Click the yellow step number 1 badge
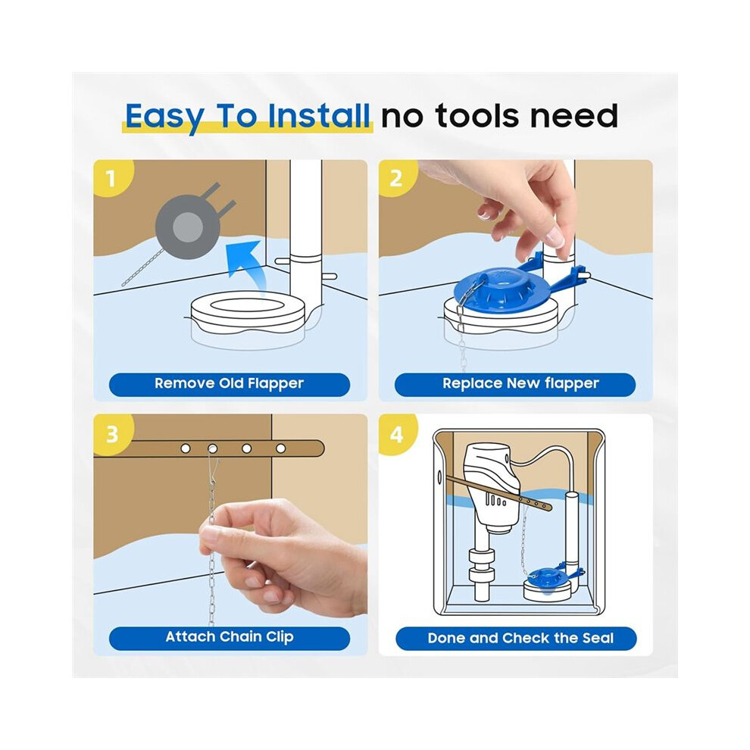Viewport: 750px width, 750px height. tap(111, 177)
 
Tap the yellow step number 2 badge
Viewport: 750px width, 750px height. tap(396, 177)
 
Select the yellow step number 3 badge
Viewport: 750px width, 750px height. tap(112, 434)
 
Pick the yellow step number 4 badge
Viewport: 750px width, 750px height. tap(396, 434)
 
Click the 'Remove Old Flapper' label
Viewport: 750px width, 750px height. tap(229, 384)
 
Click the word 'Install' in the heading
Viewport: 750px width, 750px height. tap(318, 116)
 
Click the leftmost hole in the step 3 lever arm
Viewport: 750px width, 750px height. tap(186, 448)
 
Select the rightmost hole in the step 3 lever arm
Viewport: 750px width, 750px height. tap(281, 448)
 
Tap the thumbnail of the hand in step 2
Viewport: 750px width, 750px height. tap(555, 237)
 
